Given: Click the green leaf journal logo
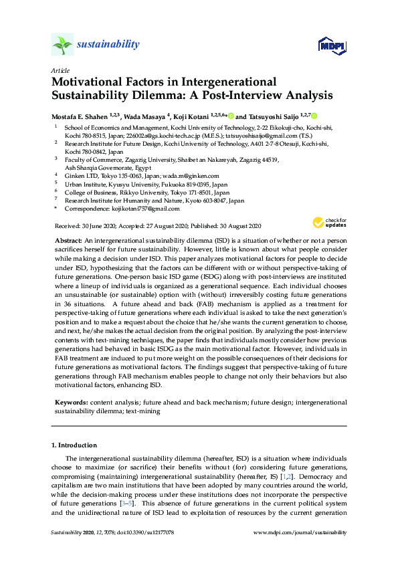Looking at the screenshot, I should (x=62, y=45).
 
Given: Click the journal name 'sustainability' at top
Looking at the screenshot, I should (x=108, y=45).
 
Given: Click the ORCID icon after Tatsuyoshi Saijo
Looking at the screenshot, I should (x=314, y=116).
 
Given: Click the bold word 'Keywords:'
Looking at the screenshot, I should (x=72, y=403).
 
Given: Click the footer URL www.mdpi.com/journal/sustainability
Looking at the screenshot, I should (x=301, y=532).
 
